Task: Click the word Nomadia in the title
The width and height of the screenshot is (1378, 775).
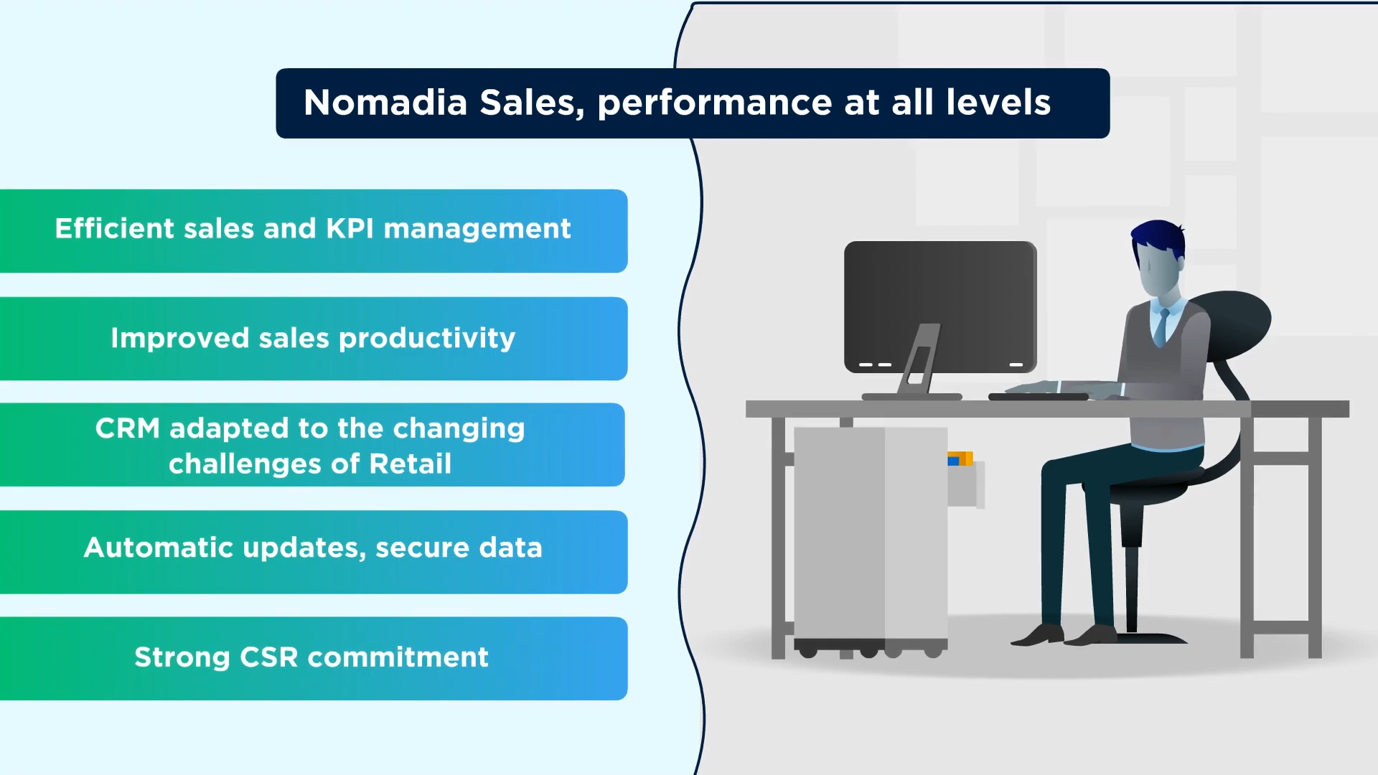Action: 385,103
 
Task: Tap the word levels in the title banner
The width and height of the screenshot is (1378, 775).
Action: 998,103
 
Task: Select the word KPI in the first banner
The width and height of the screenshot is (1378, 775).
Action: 350,228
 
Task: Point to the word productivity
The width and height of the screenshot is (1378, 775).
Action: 427,339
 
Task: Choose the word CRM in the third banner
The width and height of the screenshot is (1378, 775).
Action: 128,428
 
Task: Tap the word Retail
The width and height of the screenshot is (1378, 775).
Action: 411,464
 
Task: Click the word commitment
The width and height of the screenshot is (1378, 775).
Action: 398,657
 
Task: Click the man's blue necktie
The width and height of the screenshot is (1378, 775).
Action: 1161,327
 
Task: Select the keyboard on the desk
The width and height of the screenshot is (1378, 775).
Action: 1039,395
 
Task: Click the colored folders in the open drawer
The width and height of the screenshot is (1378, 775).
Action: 960,459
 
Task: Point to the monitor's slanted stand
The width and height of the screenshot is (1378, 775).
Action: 919,359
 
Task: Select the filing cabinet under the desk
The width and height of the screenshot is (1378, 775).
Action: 871,538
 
